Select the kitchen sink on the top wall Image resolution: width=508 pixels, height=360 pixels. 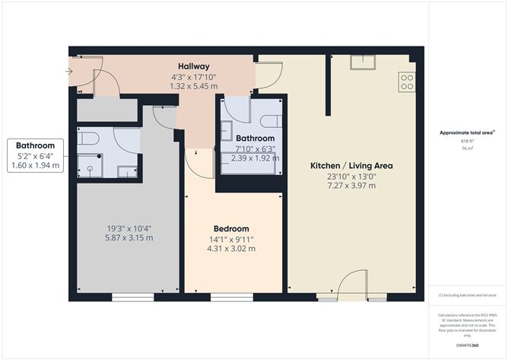(360, 62)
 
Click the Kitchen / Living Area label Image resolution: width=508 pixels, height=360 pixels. (351, 165)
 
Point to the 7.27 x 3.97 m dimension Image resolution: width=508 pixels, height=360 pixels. (351, 186)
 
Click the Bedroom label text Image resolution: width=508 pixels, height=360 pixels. (231, 228)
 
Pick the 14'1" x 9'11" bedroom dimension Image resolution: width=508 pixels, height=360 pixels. (231, 239)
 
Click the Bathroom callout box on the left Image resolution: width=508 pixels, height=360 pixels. (36, 155)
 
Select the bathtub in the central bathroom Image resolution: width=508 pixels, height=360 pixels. (249, 161)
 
